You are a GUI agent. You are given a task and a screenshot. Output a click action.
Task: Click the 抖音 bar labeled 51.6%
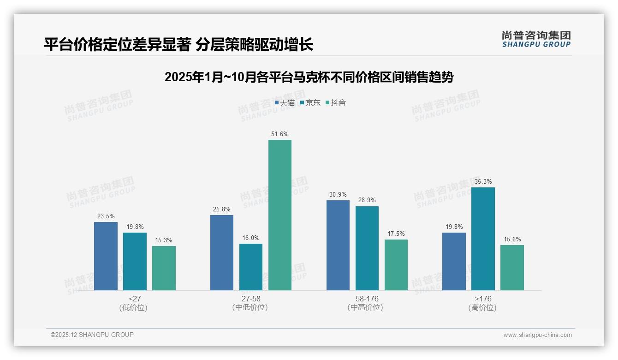click(280, 215)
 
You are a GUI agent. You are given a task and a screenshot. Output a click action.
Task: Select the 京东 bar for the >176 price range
click(483, 239)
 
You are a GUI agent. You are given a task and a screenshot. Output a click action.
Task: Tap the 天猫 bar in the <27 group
click(106, 256)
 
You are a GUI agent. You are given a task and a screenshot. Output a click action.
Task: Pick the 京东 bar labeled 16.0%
click(251, 267)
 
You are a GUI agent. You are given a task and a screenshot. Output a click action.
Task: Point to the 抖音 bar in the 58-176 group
click(396, 265)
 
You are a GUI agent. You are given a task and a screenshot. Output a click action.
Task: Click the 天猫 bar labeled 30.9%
click(338, 245)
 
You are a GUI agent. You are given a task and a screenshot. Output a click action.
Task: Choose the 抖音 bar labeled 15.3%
click(164, 268)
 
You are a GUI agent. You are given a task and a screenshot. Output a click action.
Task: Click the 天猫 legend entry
click(285, 103)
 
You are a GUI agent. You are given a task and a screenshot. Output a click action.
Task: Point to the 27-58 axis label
click(251, 299)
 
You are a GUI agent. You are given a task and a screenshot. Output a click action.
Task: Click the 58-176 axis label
click(367, 299)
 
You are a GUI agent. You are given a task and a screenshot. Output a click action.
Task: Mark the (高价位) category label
click(482, 307)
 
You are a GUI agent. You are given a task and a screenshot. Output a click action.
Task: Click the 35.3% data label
click(483, 181)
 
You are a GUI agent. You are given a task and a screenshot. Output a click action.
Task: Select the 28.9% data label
click(367, 200)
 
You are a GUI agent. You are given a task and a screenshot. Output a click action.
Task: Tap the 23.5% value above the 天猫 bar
click(106, 216)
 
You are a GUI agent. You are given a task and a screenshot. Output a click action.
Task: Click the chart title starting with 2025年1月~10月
click(309, 77)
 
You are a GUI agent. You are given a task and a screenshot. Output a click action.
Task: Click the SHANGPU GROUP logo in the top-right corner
click(536, 39)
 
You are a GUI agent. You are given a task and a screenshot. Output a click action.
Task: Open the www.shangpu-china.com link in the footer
click(537, 335)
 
